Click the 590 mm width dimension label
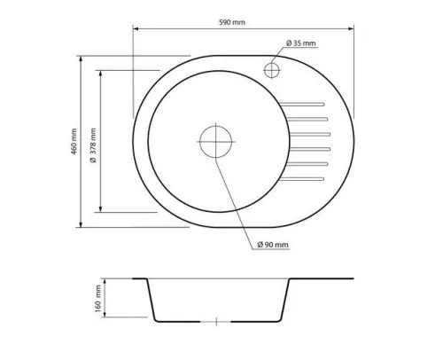coord(232,22)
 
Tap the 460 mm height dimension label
coord(74,141)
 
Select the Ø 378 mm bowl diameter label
coord(93,145)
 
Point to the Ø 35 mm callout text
coord(300,43)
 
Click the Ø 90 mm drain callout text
coord(273,245)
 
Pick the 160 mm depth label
coord(98,299)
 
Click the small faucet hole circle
coord(271,70)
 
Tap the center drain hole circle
coord(215,141)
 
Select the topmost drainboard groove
coord(302,104)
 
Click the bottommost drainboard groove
coord(302,179)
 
